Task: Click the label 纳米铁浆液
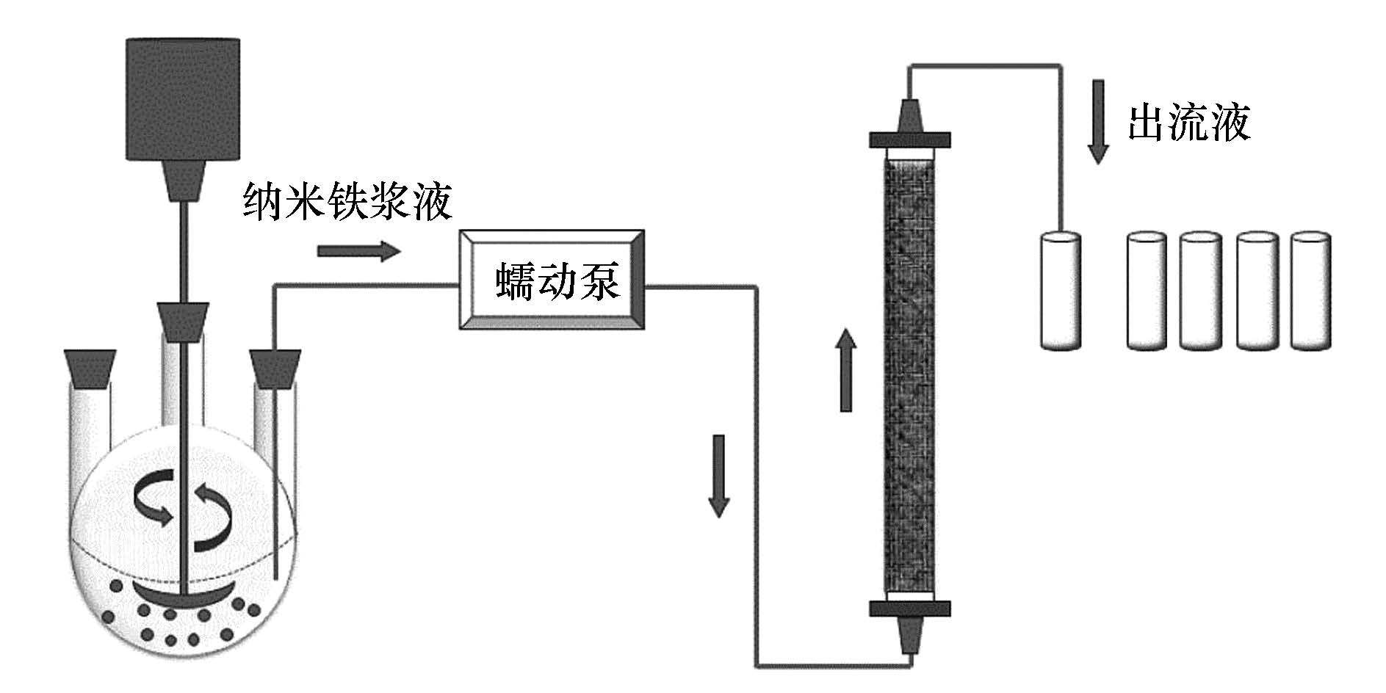(x=347, y=202)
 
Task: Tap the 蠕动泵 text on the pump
(x=557, y=282)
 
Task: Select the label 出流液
(x=1189, y=123)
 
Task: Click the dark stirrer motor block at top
(x=183, y=98)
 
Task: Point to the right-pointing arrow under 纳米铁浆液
(x=359, y=252)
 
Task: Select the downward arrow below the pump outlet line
(x=718, y=476)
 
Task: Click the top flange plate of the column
(x=910, y=139)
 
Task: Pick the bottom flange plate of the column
(x=910, y=609)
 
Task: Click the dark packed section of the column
(x=910, y=374)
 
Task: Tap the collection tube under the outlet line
(x=1061, y=289)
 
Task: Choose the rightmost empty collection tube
(x=1310, y=291)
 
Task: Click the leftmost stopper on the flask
(x=90, y=369)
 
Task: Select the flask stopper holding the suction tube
(x=275, y=369)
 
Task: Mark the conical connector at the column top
(x=910, y=112)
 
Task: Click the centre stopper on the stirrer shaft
(x=183, y=322)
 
